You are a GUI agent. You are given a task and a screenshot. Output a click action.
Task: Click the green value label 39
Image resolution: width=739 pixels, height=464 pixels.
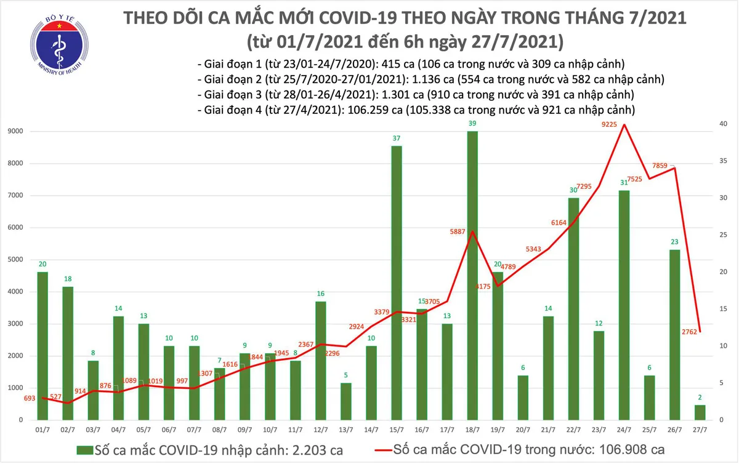pyautogui.click(x=472, y=124)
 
